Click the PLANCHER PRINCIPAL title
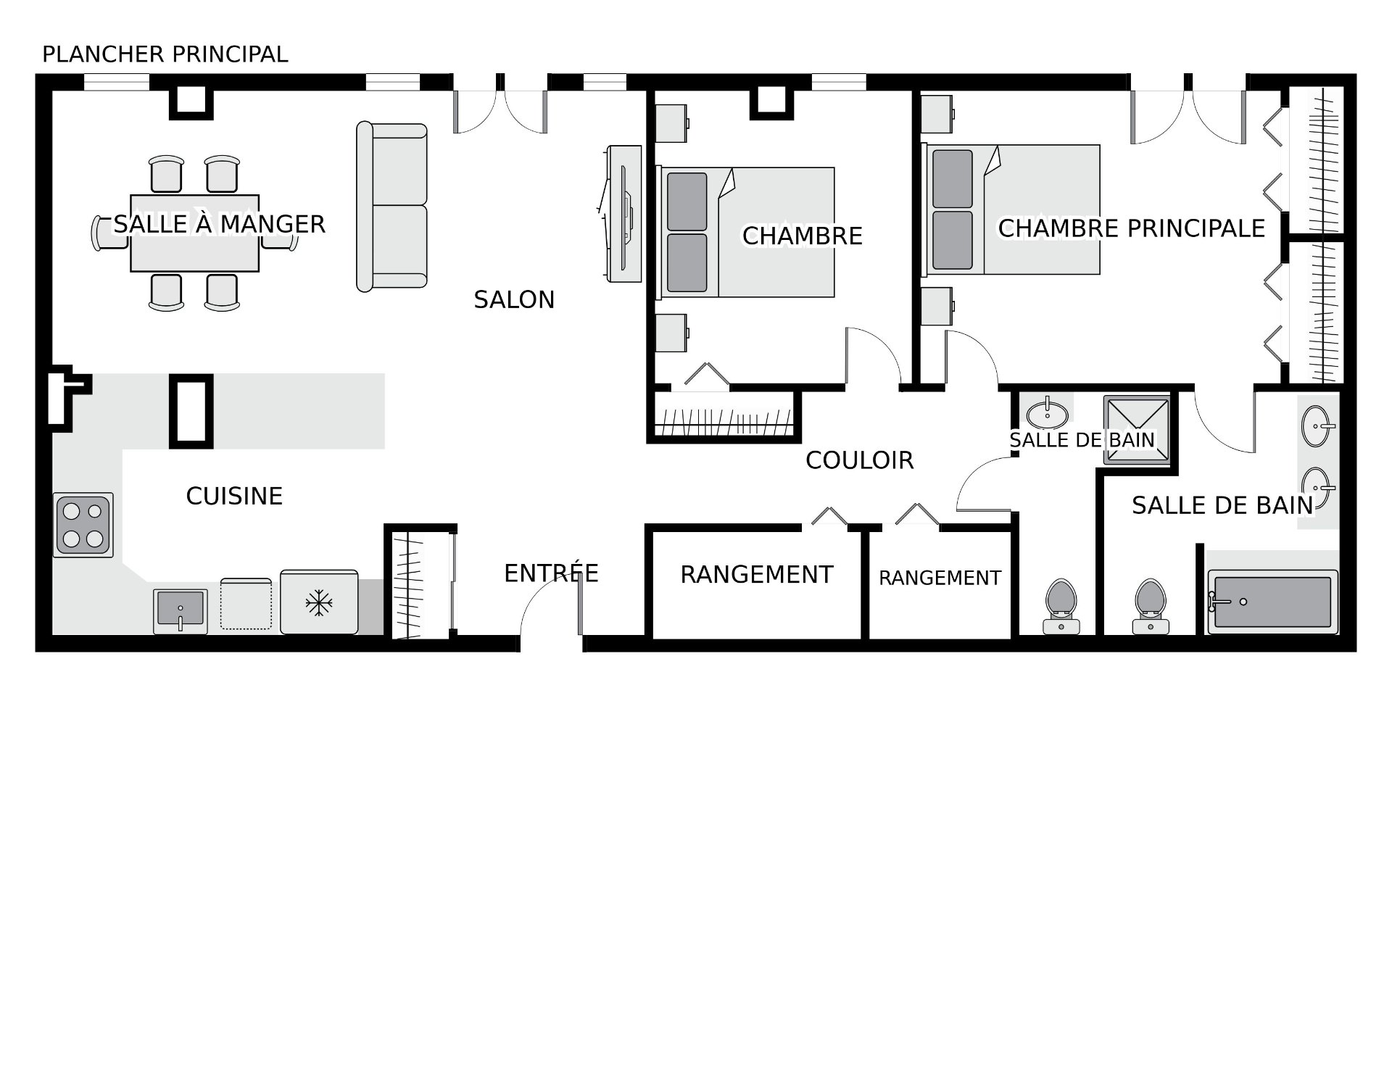click(165, 54)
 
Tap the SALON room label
click(514, 299)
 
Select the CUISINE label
click(234, 496)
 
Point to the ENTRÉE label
click(551, 573)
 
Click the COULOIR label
click(859, 460)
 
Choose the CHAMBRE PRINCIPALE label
click(1131, 228)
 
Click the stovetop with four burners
click(83, 526)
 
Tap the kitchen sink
click(181, 611)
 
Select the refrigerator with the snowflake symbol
click(319, 602)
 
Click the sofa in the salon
click(391, 207)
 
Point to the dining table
click(194, 233)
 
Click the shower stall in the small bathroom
click(1137, 430)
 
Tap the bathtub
click(1272, 602)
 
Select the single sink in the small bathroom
click(1048, 415)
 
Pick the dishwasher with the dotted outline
click(246, 605)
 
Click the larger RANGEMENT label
click(756, 574)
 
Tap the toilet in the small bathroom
click(1061, 607)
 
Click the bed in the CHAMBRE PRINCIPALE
click(1011, 210)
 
